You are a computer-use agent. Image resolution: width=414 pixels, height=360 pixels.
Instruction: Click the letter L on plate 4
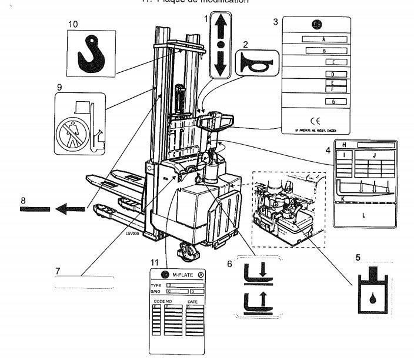(x=363, y=215)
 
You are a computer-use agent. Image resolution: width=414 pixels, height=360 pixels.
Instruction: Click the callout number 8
(x=24, y=201)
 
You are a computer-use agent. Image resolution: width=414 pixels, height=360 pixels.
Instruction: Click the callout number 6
(x=231, y=265)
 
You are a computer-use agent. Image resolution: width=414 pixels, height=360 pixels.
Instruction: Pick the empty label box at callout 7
(x=84, y=281)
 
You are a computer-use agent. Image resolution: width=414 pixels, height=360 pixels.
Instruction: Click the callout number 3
(x=275, y=22)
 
